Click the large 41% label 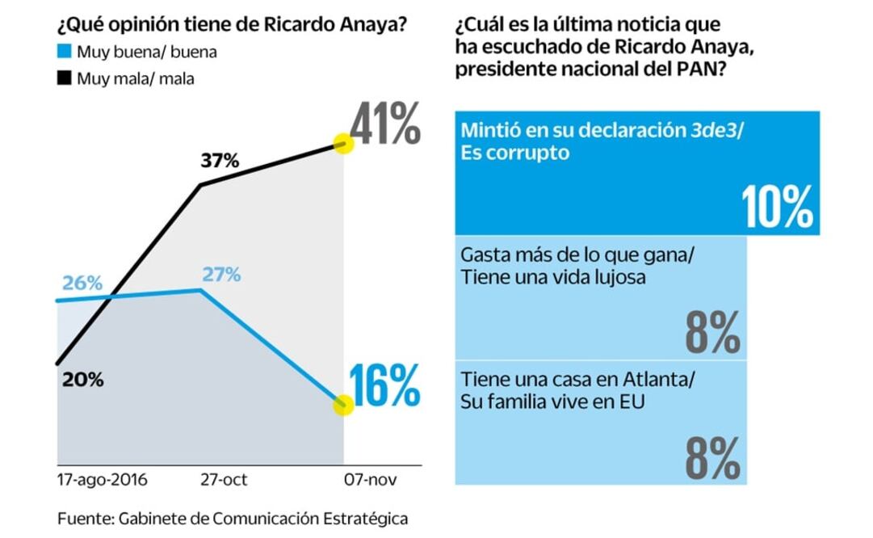tap(385, 126)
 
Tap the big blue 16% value tap(385, 385)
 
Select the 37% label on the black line tap(220, 161)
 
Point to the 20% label tap(82, 380)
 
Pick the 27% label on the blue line tap(221, 275)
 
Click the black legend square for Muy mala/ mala tap(64, 78)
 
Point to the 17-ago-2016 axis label tap(103, 480)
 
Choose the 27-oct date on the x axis tap(224, 480)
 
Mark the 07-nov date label tap(366, 480)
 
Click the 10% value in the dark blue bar tap(778, 208)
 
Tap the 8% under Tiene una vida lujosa tap(712, 333)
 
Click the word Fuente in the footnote tap(81, 518)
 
